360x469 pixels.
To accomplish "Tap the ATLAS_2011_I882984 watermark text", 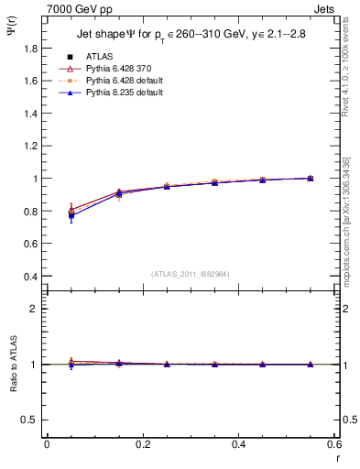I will pos(191,273).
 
